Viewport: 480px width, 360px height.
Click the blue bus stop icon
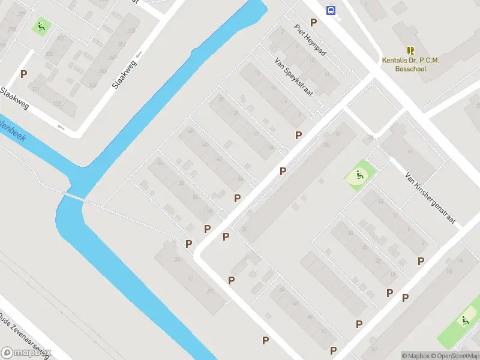[331, 10]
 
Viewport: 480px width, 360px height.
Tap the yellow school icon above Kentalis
[411, 51]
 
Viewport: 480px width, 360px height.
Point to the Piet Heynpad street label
[310, 40]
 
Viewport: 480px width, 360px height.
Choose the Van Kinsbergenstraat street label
[431, 199]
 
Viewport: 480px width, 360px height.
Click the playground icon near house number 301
[41, 26]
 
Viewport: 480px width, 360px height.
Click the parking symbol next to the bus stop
[313, 22]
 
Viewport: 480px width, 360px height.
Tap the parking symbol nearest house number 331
[24, 74]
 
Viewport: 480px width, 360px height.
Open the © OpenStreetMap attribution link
[455, 356]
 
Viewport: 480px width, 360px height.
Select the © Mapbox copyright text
[416, 356]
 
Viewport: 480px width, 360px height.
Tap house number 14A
[337, 133]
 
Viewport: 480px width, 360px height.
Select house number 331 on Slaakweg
[35, 89]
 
